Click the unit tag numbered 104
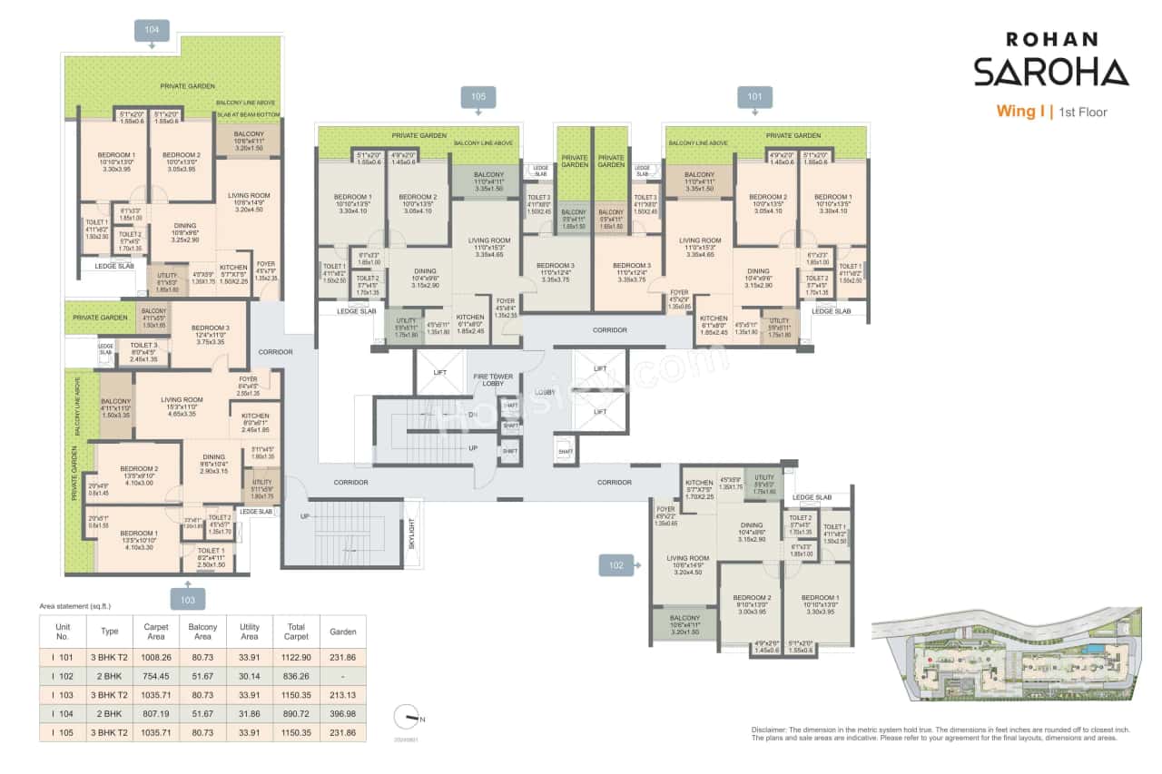click(152, 31)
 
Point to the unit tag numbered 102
click(617, 565)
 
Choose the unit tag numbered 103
click(186, 598)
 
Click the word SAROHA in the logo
click(1050, 72)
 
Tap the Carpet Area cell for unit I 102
click(150, 675)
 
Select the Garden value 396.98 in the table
click(343, 712)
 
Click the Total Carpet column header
click(296, 632)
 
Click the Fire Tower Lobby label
click(493, 380)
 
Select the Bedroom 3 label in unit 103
click(210, 332)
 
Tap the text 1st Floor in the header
click(1081, 113)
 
